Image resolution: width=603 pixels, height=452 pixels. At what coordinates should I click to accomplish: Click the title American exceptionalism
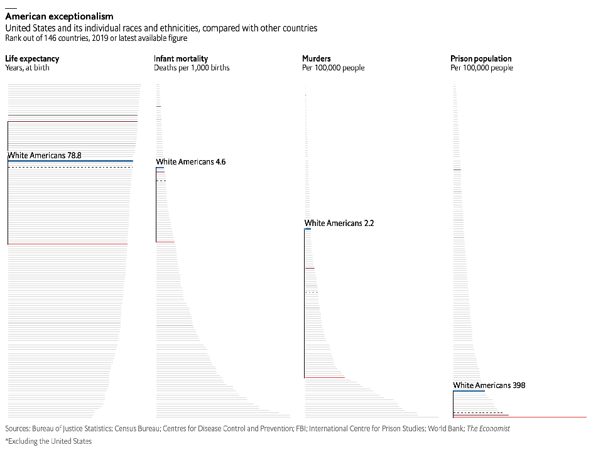point(59,16)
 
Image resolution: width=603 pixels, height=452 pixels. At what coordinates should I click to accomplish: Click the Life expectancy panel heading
point(32,59)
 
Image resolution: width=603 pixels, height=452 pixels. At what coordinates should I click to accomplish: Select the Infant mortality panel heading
point(181,59)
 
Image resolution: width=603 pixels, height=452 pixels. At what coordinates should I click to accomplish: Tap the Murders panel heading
point(317,59)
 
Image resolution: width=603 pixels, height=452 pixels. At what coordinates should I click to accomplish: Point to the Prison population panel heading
point(481,59)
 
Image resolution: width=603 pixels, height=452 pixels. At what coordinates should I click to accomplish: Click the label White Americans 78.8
point(45,154)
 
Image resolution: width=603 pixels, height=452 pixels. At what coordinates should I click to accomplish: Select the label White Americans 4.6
point(191,162)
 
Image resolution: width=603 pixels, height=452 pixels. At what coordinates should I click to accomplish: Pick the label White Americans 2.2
point(339,223)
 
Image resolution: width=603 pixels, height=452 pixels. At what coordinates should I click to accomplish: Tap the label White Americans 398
point(489,385)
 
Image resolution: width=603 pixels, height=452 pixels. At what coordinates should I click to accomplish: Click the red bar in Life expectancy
point(68,244)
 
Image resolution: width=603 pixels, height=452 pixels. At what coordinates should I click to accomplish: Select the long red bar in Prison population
point(519,417)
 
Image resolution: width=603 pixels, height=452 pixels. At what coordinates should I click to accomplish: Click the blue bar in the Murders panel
point(308,229)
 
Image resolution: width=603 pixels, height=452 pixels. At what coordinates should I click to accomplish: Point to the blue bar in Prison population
point(469,391)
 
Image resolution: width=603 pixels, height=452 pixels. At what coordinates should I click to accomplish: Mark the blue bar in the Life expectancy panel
point(70,161)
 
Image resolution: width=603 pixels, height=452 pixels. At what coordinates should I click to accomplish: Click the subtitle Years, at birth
point(28,68)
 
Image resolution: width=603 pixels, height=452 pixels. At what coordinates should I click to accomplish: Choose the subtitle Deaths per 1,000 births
point(192,68)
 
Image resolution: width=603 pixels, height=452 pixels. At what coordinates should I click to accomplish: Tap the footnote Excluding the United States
point(48,441)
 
